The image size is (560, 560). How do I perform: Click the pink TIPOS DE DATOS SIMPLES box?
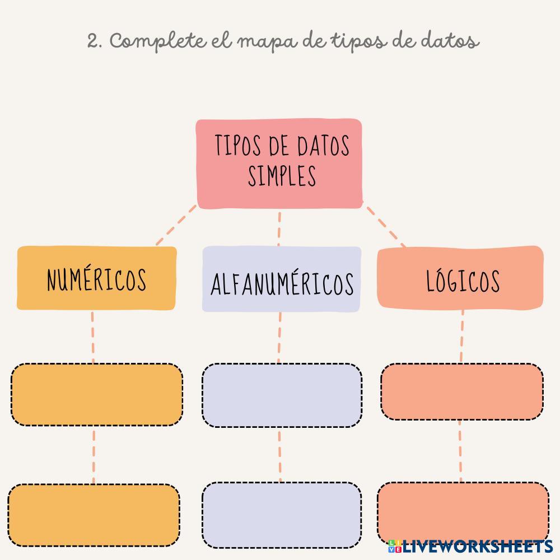coord(279,164)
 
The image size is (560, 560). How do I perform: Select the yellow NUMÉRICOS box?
coord(97,278)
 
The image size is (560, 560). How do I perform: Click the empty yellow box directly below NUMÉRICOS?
coord(97,394)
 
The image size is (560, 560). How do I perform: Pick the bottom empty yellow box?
coord(94,514)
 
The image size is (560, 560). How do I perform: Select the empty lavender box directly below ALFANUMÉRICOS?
coord(282,395)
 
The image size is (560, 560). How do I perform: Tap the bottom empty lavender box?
coord(282,514)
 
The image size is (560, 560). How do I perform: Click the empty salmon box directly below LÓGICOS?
coord(462,391)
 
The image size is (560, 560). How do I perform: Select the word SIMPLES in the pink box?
coord(282,176)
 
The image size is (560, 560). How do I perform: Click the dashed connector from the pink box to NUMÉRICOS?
coord(176,226)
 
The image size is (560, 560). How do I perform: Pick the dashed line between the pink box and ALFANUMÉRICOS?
coord(278,228)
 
